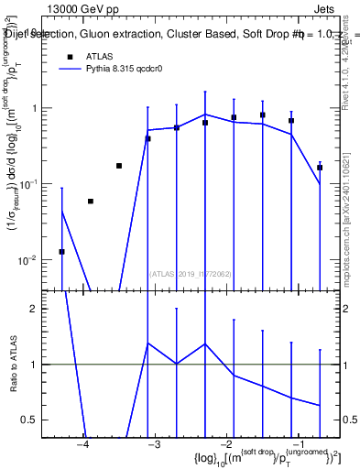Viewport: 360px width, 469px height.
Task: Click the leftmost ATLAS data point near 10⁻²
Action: [61, 251]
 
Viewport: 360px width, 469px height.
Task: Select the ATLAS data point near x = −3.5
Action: [119, 166]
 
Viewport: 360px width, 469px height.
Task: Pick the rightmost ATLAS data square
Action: [320, 168]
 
